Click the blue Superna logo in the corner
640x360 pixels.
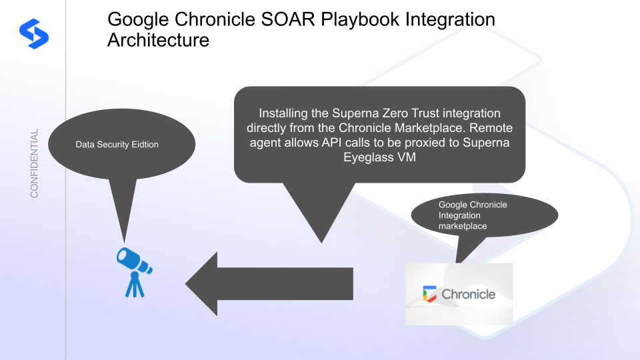[x=34, y=33]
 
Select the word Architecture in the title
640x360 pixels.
[x=158, y=41]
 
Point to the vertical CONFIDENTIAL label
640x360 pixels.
[x=34, y=163]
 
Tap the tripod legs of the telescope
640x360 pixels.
[x=135, y=286]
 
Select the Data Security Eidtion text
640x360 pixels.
[x=117, y=145]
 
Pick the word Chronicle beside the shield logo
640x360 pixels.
[x=468, y=294]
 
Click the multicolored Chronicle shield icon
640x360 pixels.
[x=429, y=294]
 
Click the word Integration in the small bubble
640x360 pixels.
[x=459, y=215]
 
